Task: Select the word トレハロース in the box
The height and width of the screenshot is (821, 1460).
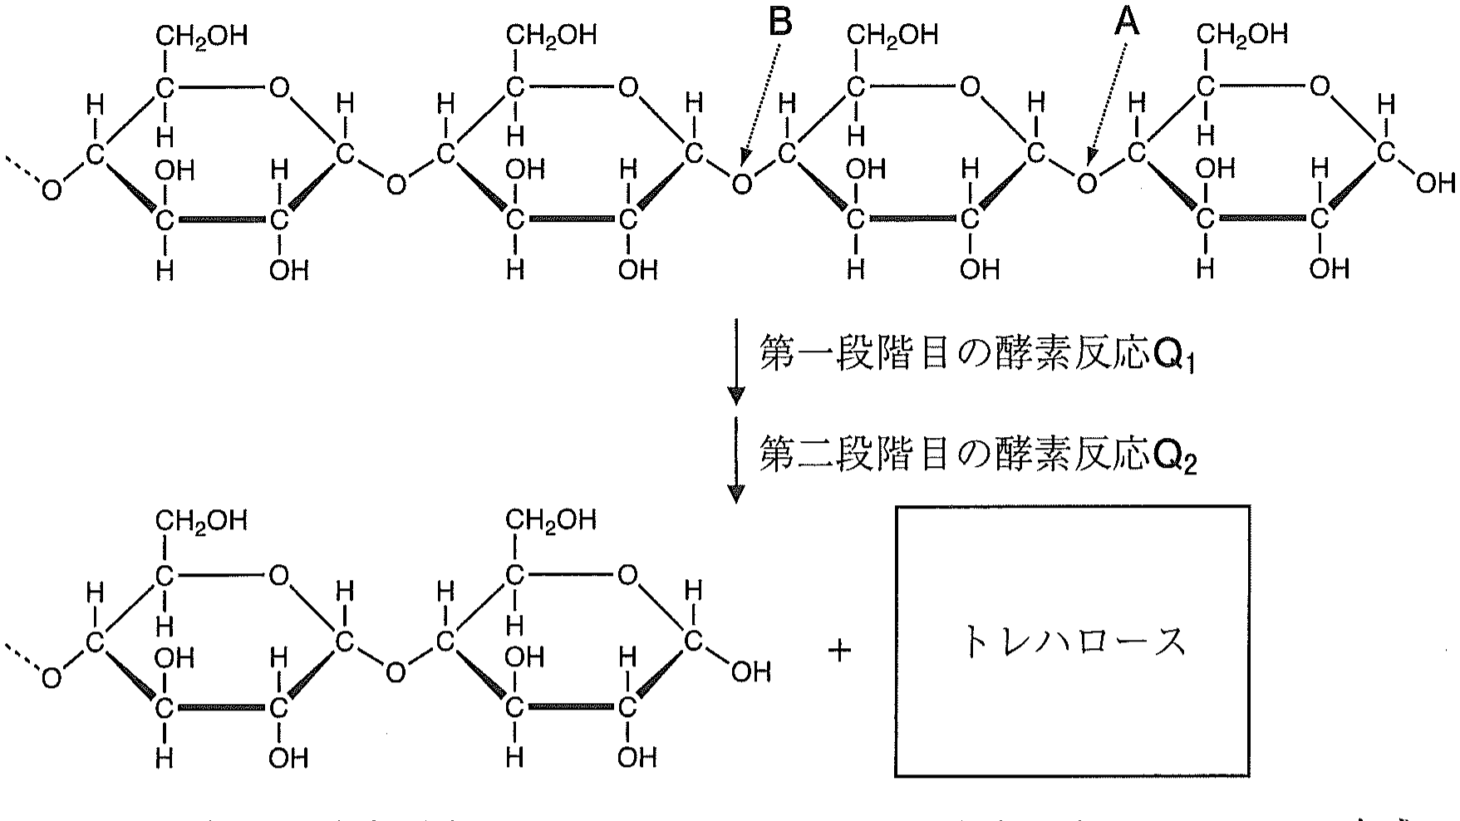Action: pyautogui.click(x=1072, y=643)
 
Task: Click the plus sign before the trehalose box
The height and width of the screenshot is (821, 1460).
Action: pyautogui.click(x=840, y=651)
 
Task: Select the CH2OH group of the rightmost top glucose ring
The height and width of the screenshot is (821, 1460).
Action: pyautogui.click(x=1241, y=33)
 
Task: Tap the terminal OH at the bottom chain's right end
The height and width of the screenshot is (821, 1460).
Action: pyautogui.click(x=750, y=671)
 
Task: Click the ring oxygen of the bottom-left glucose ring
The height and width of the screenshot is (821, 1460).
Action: pyautogui.click(x=279, y=575)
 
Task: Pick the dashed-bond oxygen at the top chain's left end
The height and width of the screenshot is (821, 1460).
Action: pyautogui.click(x=52, y=191)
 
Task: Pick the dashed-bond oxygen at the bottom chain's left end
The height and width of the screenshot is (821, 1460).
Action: pyautogui.click(x=52, y=679)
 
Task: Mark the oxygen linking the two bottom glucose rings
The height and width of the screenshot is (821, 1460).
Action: pyautogui.click(x=396, y=671)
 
